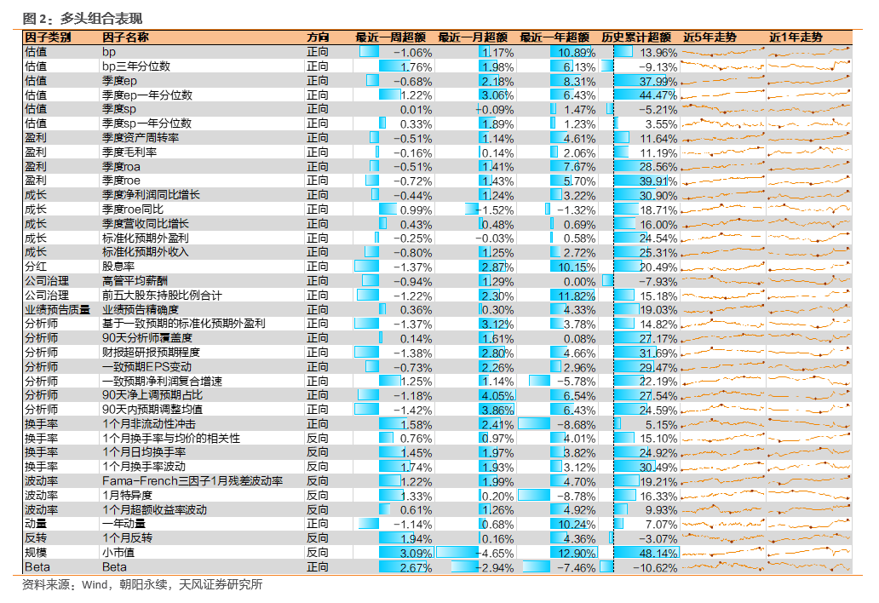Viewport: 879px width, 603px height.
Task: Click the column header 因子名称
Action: [125, 37]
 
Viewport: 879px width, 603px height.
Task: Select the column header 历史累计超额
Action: [636, 37]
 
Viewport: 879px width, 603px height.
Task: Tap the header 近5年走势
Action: [710, 37]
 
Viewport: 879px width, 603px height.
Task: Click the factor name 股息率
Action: [118, 267]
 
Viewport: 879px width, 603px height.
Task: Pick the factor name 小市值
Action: [118, 553]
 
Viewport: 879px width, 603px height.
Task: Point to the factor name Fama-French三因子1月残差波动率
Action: [192, 481]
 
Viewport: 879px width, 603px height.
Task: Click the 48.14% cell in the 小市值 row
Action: [658, 554]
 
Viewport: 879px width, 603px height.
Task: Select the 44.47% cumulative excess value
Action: [658, 95]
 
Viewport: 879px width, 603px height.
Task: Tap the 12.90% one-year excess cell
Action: [577, 554]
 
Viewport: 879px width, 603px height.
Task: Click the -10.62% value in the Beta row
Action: [655, 568]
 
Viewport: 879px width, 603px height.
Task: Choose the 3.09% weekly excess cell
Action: [416, 554]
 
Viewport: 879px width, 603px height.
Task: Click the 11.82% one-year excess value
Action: [577, 296]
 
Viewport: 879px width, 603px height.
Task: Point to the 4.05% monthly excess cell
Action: [497, 396]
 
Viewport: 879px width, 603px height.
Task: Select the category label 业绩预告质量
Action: [57, 310]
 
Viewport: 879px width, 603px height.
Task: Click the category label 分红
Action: [35, 267]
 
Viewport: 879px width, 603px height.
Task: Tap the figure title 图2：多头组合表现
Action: [83, 19]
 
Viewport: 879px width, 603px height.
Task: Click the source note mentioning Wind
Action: [142, 585]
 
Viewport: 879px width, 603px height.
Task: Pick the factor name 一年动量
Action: [124, 524]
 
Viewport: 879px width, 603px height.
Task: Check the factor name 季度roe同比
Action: [133, 210]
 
